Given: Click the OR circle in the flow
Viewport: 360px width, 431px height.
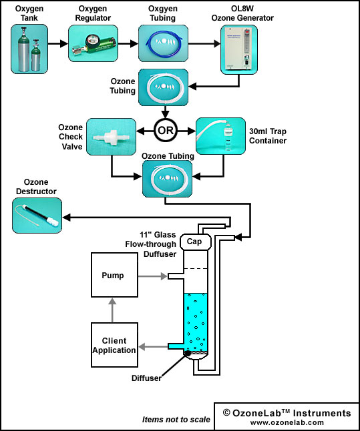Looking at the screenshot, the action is point(166,130).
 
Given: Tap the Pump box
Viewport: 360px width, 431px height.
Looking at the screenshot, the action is point(114,275).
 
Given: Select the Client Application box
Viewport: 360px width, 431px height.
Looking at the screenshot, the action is point(114,345).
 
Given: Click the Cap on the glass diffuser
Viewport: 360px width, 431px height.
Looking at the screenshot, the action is point(196,242).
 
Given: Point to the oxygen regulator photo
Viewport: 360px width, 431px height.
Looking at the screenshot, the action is point(93,43).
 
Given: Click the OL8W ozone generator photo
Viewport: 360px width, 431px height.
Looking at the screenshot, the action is point(239,49).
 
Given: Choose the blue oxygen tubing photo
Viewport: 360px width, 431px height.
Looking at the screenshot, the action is point(163,43).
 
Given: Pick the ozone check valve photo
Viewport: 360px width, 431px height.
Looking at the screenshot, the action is point(111,137).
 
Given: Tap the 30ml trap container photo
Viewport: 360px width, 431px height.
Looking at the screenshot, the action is point(220,136).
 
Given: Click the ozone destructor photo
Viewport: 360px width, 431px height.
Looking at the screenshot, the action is point(37,215).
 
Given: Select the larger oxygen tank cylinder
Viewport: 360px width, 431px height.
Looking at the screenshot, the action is point(23,49).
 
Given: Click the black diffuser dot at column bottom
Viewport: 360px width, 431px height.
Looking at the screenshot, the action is point(187,353).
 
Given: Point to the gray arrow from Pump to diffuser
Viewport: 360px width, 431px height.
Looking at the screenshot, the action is point(152,276).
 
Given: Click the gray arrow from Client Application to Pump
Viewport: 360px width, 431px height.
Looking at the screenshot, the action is point(112,310).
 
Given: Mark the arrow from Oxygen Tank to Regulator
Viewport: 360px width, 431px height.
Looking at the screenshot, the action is point(58,43).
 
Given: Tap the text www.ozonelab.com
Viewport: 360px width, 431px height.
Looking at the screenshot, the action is point(287,422).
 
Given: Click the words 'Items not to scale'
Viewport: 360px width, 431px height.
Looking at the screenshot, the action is point(176,420).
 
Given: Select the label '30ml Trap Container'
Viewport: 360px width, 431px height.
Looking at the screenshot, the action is point(268,136).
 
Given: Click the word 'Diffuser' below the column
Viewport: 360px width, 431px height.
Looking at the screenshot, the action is point(146,378).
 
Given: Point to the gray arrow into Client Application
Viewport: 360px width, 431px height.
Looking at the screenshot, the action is point(153,347).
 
